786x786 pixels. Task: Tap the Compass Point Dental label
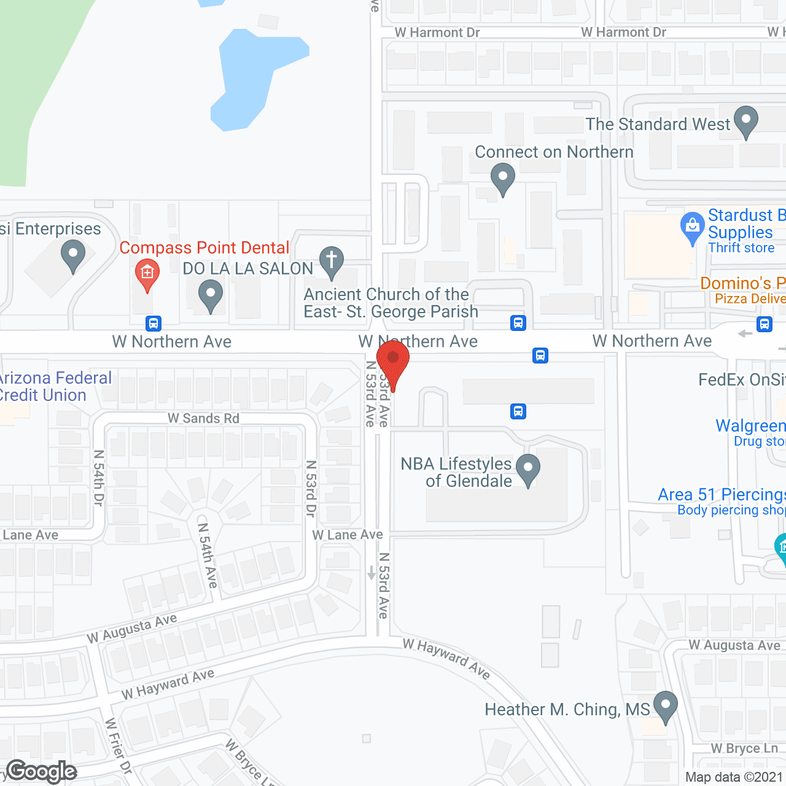pyautogui.click(x=204, y=247)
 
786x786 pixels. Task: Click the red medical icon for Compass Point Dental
pyautogui.click(x=147, y=272)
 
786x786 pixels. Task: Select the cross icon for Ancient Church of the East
pyautogui.click(x=332, y=260)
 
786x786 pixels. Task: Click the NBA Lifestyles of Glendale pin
pyautogui.click(x=528, y=469)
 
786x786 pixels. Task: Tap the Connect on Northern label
pyautogui.click(x=554, y=152)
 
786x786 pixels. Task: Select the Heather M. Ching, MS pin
pyautogui.click(x=665, y=706)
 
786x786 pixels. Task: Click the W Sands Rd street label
pyautogui.click(x=203, y=418)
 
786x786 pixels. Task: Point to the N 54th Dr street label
pyautogui.click(x=98, y=478)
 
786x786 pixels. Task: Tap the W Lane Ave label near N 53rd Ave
pyautogui.click(x=347, y=535)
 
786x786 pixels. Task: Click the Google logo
pyautogui.click(x=42, y=771)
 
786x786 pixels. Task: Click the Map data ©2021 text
pyautogui.click(x=734, y=777)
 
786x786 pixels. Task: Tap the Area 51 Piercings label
pyautogui.click(x=722, y=494)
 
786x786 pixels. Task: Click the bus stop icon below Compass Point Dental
pyautogui.click(x=154, y=323)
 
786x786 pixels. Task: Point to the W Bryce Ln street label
pyautogui.click(x=744, y=749)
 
